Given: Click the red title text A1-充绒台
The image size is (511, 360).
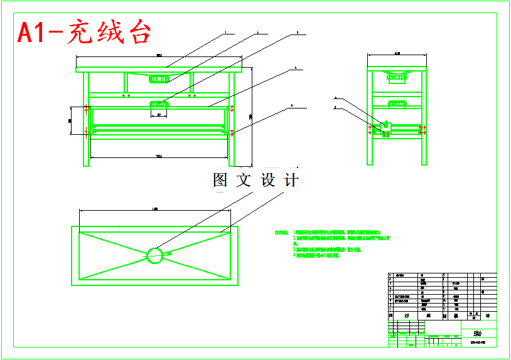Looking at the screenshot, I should tap(84, 32).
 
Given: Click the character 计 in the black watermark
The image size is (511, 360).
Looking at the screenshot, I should tap(291, 181).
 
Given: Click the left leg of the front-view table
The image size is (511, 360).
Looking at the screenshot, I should tap(86, 119).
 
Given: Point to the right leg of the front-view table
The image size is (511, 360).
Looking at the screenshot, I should tap(231, 119).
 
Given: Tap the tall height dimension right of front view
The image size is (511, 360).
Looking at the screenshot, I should tap(250, 116).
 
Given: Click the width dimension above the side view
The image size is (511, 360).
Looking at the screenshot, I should tap(397, 55).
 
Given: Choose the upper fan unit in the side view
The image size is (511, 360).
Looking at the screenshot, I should tap(397, 78).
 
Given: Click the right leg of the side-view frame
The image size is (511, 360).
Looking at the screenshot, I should tap(424, 119).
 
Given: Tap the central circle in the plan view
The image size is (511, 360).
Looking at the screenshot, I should tap(154, 255).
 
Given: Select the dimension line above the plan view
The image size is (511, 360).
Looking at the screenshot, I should tap(155, 209).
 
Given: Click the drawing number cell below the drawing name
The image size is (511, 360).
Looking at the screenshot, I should tap(478, 343).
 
